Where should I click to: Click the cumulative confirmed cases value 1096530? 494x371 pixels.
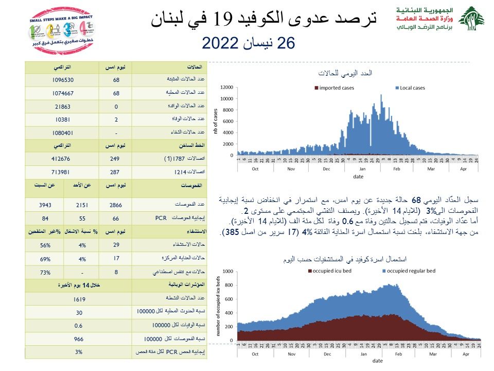pyautogui.click(x=63, y=80)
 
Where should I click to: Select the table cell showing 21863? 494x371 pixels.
pyautogui.click(x=63, y=107)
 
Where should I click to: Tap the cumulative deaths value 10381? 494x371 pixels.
pyautogui.click(x=63, y=120)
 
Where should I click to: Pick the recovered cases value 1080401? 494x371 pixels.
pyautogui.click(x=63, y=132)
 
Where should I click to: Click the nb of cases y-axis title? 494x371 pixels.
pyautogui.click(x=217, y=124)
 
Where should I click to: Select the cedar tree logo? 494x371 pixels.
pyautogui.click(x=472, y=19)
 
